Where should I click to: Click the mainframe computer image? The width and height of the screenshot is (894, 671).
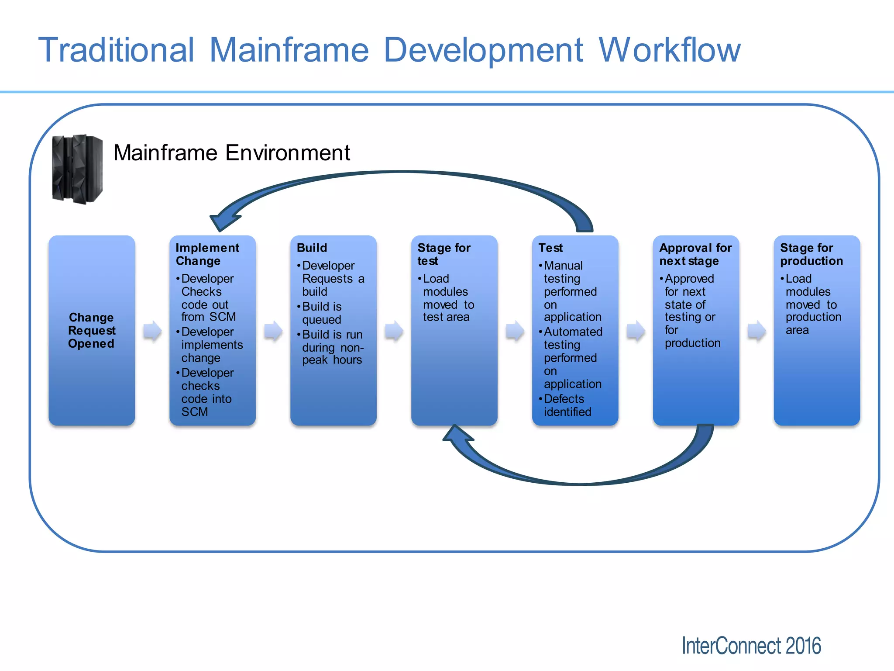[77, 169]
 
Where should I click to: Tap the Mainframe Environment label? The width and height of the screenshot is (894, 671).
[231, 153]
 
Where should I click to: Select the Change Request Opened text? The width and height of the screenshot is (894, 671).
[92, 330]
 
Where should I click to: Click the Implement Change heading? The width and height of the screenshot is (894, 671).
[207, 254]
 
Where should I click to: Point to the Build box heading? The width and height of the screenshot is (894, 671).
[312, 248]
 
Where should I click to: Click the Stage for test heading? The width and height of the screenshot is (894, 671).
[444, 254]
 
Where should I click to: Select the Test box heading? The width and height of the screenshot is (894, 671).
[550, 248]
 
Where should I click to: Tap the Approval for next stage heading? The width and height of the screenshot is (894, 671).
[695, 254]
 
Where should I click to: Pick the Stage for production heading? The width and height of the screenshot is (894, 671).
[811, 254]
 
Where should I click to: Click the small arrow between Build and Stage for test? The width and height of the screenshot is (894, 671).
[394, 331]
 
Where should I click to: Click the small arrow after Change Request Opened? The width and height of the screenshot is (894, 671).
[152, 331]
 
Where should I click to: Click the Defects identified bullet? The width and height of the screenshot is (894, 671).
[567, 405]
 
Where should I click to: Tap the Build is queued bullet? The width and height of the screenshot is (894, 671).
[322, 313]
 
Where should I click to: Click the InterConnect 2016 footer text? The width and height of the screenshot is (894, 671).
[751, 646]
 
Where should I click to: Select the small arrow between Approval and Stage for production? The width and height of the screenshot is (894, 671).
[756, 331]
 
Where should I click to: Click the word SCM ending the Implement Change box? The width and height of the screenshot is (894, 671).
[195, 412]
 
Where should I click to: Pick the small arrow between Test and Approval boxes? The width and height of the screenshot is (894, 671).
[635, 331]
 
